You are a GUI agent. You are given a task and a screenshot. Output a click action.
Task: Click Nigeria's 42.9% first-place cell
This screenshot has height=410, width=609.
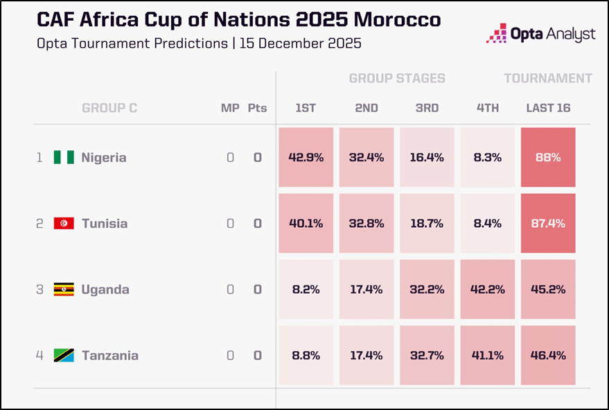[x=306, y=157]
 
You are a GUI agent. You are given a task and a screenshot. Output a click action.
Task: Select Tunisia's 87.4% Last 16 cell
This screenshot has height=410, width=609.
[x=548, y=223]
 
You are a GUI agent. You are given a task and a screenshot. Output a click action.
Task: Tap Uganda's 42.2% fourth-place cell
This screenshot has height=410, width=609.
[x=488, y=289]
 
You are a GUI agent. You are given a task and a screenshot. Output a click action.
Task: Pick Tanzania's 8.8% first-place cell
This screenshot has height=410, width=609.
[x=306, y=355]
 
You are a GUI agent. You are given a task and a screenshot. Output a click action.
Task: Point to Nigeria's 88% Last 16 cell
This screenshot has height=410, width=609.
[x=548, y=157]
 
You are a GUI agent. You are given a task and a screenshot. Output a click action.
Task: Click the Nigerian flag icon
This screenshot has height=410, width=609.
[x=64, y=157]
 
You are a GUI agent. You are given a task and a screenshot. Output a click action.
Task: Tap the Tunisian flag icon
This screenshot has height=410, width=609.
[x=64, y=223]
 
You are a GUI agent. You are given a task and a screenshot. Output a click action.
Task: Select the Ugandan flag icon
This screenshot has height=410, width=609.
[x=64, y=289]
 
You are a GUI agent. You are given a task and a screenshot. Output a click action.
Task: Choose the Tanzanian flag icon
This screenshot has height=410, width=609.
[x=64, y=355]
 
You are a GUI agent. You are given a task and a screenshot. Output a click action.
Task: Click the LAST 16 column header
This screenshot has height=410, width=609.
[x=548, y=108]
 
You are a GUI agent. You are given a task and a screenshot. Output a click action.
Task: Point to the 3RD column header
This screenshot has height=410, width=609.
[x=427, y=108]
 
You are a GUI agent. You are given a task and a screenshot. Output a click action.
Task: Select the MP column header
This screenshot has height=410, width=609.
[x=230, y=108]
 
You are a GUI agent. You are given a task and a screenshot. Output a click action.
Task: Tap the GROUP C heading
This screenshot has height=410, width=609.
[x=109, y=108]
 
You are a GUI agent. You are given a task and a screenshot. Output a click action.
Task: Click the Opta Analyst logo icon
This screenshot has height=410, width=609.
[x=496, y=33]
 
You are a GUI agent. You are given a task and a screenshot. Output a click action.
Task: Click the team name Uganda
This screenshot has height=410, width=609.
[x=105, y=289]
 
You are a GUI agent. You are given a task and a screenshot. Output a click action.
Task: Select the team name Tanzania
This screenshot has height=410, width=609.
[x=110, y=355]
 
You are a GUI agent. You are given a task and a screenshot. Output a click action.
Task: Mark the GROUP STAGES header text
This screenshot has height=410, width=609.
[x=397, y=78]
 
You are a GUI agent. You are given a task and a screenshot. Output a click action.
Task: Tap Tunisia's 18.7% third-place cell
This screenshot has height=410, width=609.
[x=427, y=223]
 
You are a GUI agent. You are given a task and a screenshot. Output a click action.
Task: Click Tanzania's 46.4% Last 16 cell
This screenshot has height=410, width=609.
[x=548, y=355]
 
